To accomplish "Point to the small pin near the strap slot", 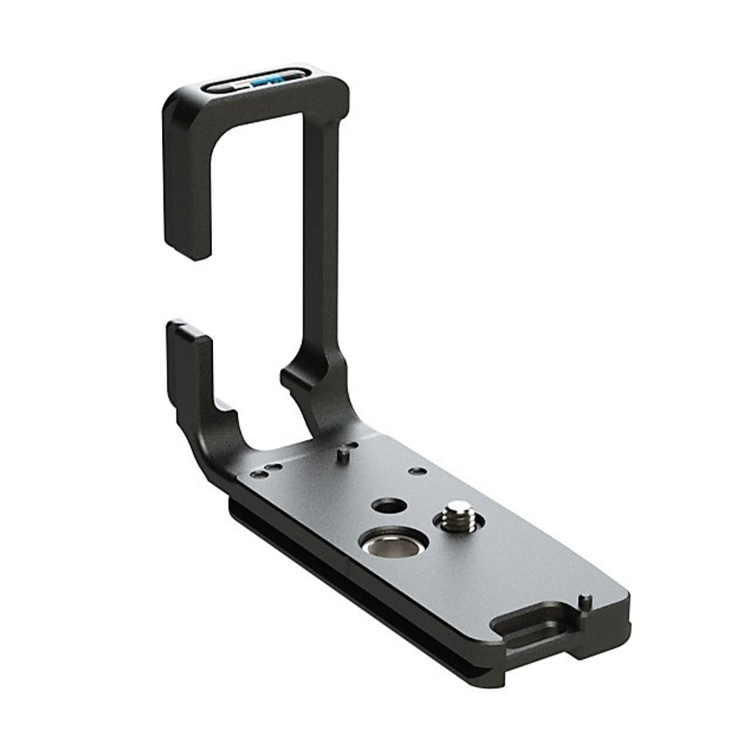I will pos(584,600).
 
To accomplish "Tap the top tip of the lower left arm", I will pos(186,329).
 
